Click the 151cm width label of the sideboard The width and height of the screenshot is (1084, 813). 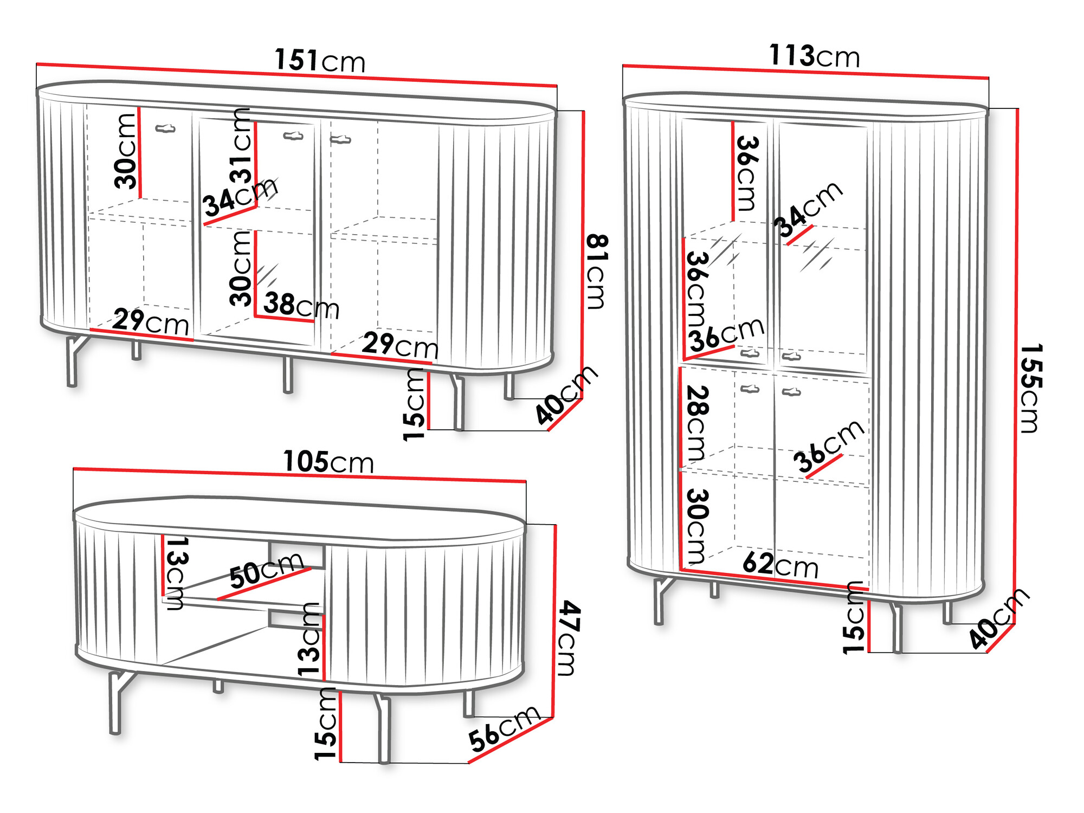(320, 60)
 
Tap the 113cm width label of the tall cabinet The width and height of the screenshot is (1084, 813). (814, 56)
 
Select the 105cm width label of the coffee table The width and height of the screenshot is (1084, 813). (328, 462)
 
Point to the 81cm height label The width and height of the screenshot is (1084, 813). (597, 272)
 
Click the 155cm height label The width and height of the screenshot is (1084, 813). (1030, 388)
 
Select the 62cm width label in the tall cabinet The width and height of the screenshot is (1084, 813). (780, 565)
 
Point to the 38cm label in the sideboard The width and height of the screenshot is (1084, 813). (301, 306)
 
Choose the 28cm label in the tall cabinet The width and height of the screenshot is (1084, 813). (698, 423)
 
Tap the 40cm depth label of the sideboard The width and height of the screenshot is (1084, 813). (566, 395)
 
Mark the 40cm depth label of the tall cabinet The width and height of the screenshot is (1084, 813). (999, 618)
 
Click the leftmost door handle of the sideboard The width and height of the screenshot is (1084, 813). (165, 128)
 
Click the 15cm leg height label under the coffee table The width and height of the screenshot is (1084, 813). (325, 724)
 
